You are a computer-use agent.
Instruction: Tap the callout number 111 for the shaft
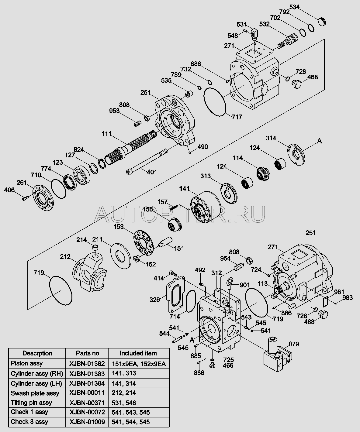[107, 133]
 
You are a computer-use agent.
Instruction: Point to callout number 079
[294, 344]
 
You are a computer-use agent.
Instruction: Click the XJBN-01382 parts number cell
[87, 363]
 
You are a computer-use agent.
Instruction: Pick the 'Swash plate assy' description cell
[35, 393]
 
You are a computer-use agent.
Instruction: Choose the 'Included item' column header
[138, 353]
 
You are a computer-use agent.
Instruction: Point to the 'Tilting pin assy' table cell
[32, 403]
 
